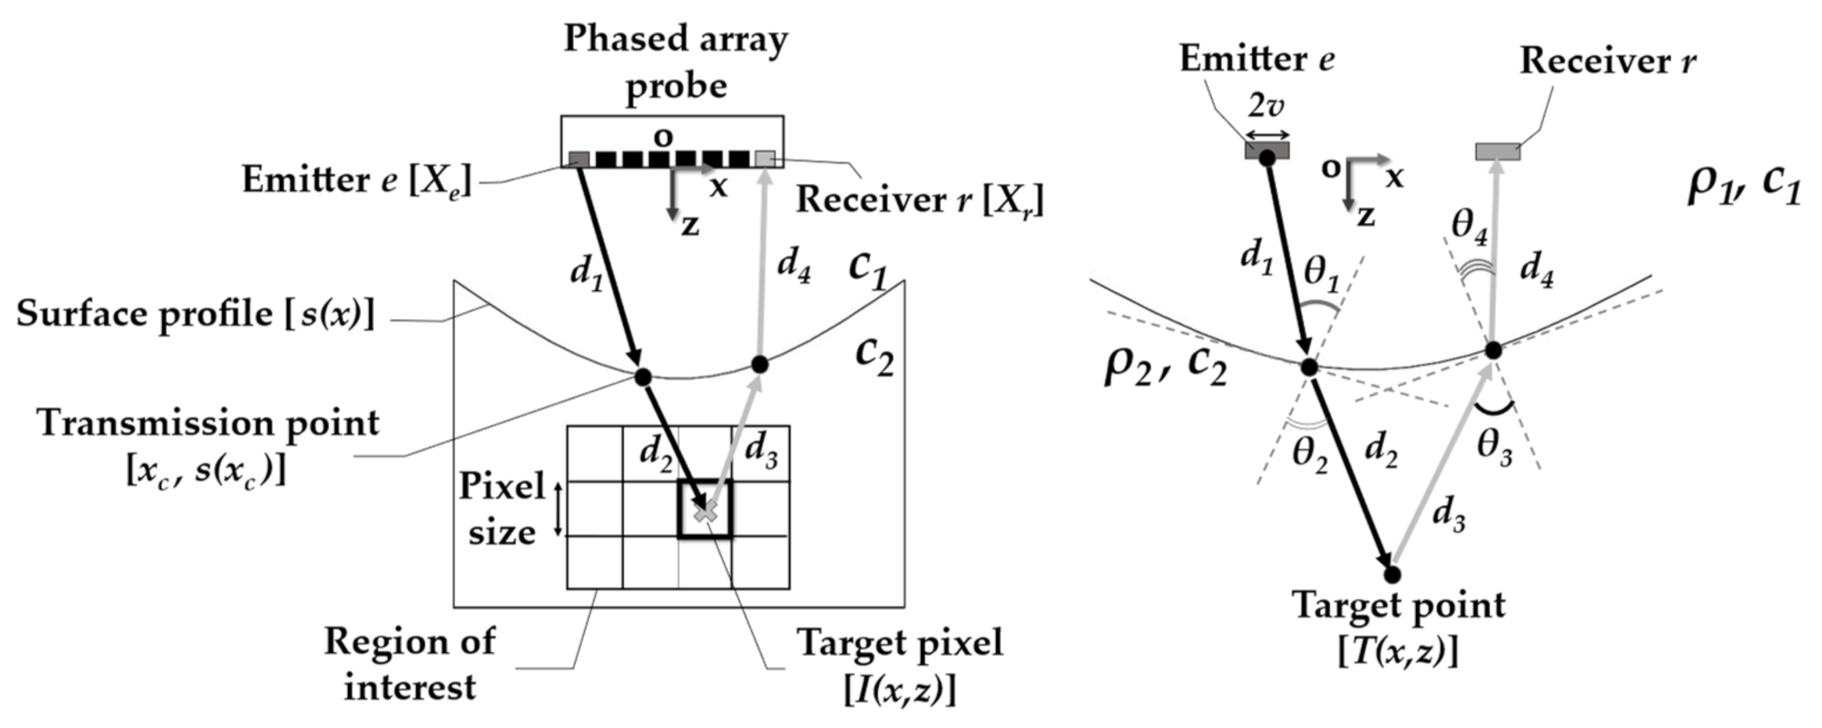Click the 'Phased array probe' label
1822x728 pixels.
tap(676, 62)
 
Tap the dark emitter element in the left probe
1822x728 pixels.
tap(579, 160)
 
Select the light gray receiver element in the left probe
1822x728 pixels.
tap(765, 160)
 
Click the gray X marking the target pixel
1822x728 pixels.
tap(705, 512)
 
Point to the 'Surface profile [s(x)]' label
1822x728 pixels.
tap(195, 314)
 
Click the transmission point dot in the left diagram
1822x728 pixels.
tap(642, 378)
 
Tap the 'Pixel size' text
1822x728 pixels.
tap(501, 508)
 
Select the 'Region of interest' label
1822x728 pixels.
tap(410, 664)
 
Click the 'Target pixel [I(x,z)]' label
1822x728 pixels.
tap(900, 666)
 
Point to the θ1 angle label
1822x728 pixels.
tap(1322, 273)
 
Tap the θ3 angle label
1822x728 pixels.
tap(1494, 449)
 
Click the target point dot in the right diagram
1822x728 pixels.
tap(1392, 575)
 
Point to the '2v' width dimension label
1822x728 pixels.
tap(1266, 104)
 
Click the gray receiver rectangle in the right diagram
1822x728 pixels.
tap(1497, 151)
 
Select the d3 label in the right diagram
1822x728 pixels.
tap(1448, 515)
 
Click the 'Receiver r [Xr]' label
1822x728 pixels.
tap(920, 200)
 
